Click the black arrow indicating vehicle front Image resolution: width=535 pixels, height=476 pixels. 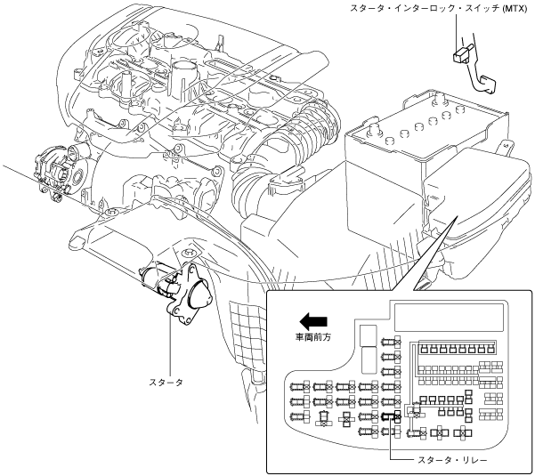(x=313, y=321)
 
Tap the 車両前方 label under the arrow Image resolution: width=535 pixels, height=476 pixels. (x=313, y=337)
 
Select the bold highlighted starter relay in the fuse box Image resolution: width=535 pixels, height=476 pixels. (x=391, y=416)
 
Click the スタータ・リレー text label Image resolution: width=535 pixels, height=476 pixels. (x=452, y=461)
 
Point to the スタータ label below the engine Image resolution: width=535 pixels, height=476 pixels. (x=166, y=383)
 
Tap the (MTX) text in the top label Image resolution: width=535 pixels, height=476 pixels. (x=515, y=9)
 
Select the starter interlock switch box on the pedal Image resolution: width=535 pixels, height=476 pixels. (x=461, y=54)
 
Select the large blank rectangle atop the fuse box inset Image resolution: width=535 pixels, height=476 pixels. (x=449, y=317)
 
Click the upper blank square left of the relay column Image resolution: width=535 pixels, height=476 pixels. (x=369, y=335)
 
